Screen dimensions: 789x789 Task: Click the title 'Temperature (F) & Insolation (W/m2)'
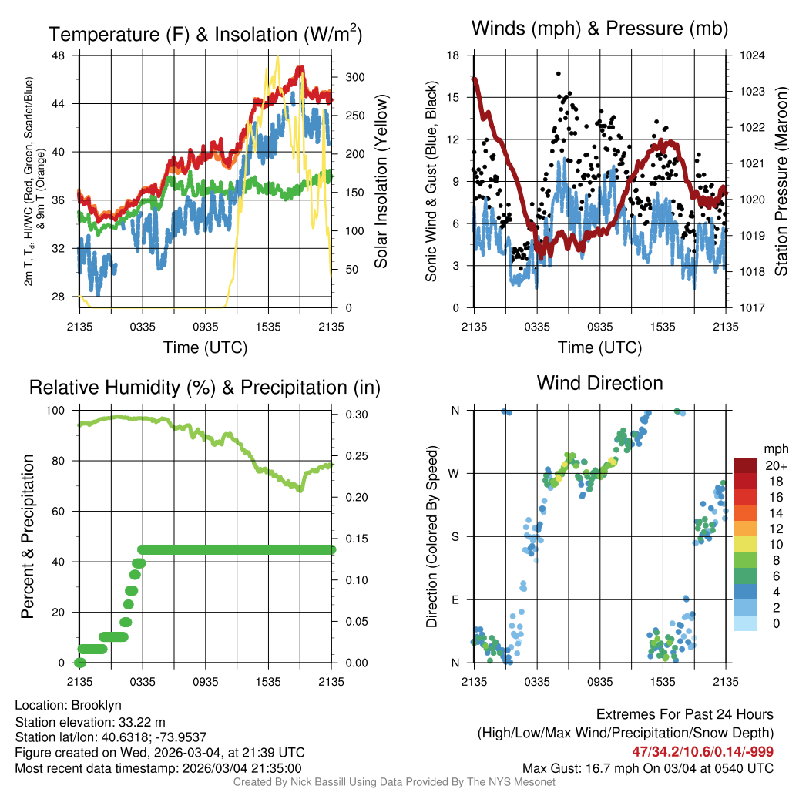(x=205, y=34)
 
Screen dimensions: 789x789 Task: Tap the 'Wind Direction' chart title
(x=599, y=383)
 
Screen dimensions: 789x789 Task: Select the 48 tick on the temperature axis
(x=65, y=55)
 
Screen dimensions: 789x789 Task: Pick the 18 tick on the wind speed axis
(x=453, y=55)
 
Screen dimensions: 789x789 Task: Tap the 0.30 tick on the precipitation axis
(x=354, y=415)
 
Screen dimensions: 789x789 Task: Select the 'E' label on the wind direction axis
(x=455, y=599)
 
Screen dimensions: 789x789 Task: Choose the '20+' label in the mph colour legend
(x=771, y=466)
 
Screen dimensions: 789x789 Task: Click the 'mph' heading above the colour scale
(x=774, y=449)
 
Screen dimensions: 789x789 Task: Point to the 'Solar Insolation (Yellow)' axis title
(x=381, y=182)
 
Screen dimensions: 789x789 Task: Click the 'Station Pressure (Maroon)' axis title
(x=781, y=182)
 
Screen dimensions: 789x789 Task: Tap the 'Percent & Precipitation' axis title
(x=28, y=536)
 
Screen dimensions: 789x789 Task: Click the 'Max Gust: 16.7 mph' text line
(x=647, y=768)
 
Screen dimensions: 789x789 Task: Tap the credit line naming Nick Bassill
(x=394, y=782)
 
